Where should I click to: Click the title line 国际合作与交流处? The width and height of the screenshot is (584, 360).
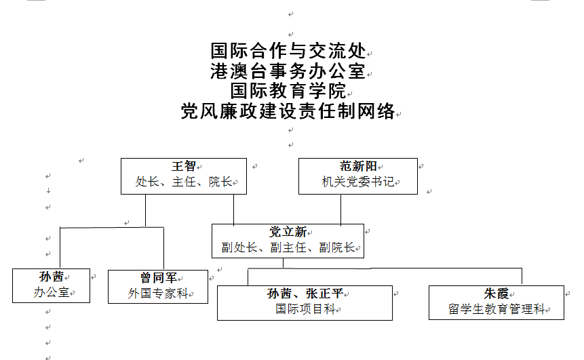(288, 51)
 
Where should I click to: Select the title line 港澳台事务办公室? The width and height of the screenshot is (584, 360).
(288, 71)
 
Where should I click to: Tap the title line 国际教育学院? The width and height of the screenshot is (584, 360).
(288, 90)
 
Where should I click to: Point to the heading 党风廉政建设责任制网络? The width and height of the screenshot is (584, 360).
(288, 111)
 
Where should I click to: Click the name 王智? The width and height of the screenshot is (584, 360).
(184, 166)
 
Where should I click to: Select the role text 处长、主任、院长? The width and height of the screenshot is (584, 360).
(184, 182)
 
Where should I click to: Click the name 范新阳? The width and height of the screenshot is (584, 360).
(358, 166)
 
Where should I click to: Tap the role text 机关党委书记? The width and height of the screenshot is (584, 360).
(358, 182)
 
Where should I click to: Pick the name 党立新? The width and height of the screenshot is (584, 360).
(288, 232)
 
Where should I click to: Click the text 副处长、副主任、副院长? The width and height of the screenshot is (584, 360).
(288, 247)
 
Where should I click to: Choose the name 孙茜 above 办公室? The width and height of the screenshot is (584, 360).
(52, 277)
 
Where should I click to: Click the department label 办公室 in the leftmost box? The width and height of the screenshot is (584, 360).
(52, 292)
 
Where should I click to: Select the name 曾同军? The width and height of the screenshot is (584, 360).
(158, 278)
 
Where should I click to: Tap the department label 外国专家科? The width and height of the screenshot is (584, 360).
(158, 294)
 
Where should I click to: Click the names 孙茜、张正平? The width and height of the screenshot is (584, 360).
(305, 294)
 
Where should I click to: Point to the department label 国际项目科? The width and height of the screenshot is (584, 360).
(305, 309)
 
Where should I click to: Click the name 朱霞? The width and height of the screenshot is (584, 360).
(497, 294)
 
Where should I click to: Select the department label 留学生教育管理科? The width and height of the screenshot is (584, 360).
(497, 309)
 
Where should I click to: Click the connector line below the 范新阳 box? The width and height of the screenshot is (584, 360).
(340, 209)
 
